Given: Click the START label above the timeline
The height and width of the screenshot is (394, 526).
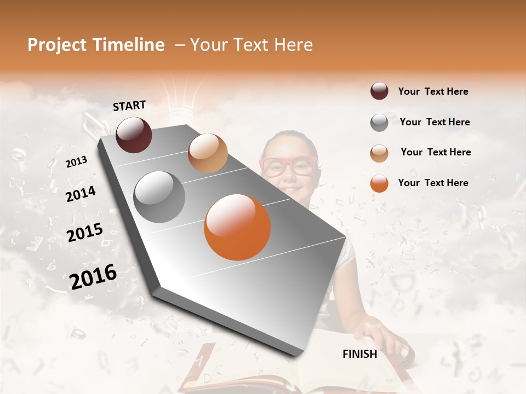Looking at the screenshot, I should pyautogui.click(x=129, y=106).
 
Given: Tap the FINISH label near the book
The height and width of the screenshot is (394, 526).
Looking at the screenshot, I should pyautogui.click(x=360, y=354).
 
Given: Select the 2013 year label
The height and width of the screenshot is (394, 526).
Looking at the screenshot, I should pyautogui.click(x=77, y=161).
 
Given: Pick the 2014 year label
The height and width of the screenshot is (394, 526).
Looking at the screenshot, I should pyautogui.click(x=81, y=194).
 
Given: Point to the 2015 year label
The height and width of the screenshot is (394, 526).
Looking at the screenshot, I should pyautogui.click(x=85, y=233).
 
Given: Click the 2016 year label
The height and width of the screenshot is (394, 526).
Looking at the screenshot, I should pyautogui.click(x=93, y=276).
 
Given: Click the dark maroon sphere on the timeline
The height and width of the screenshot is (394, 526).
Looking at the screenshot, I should pyautogui.click(x=134, y=135).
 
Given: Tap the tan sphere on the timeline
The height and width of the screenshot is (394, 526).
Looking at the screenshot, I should pyautogui.click(x=208, y=153).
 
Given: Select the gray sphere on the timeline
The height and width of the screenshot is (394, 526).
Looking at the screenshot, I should pyautogui.click(x=159, y=197).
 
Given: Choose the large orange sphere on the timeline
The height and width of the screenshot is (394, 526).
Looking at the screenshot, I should pyautogui.click(x=237, y=227).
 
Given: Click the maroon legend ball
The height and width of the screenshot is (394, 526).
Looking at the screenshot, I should pyautogui.click(x=379, y=91).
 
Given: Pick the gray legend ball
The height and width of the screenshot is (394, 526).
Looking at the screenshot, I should pyautogui.click(x=379, y=123).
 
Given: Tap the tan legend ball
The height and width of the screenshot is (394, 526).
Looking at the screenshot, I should pyautogui.click(x=379, y=153).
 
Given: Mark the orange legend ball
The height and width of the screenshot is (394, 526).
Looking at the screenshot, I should pyautogui.click(x=379, y=183).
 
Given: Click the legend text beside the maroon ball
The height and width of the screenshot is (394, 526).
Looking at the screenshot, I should pyautogui.click(x=433, y=91).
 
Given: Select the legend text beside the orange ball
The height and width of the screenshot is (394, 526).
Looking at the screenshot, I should pyautogui.click(x=433, y=183).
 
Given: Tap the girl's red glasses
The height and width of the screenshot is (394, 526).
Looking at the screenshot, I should pyautogui.click(x=289, y=166).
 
